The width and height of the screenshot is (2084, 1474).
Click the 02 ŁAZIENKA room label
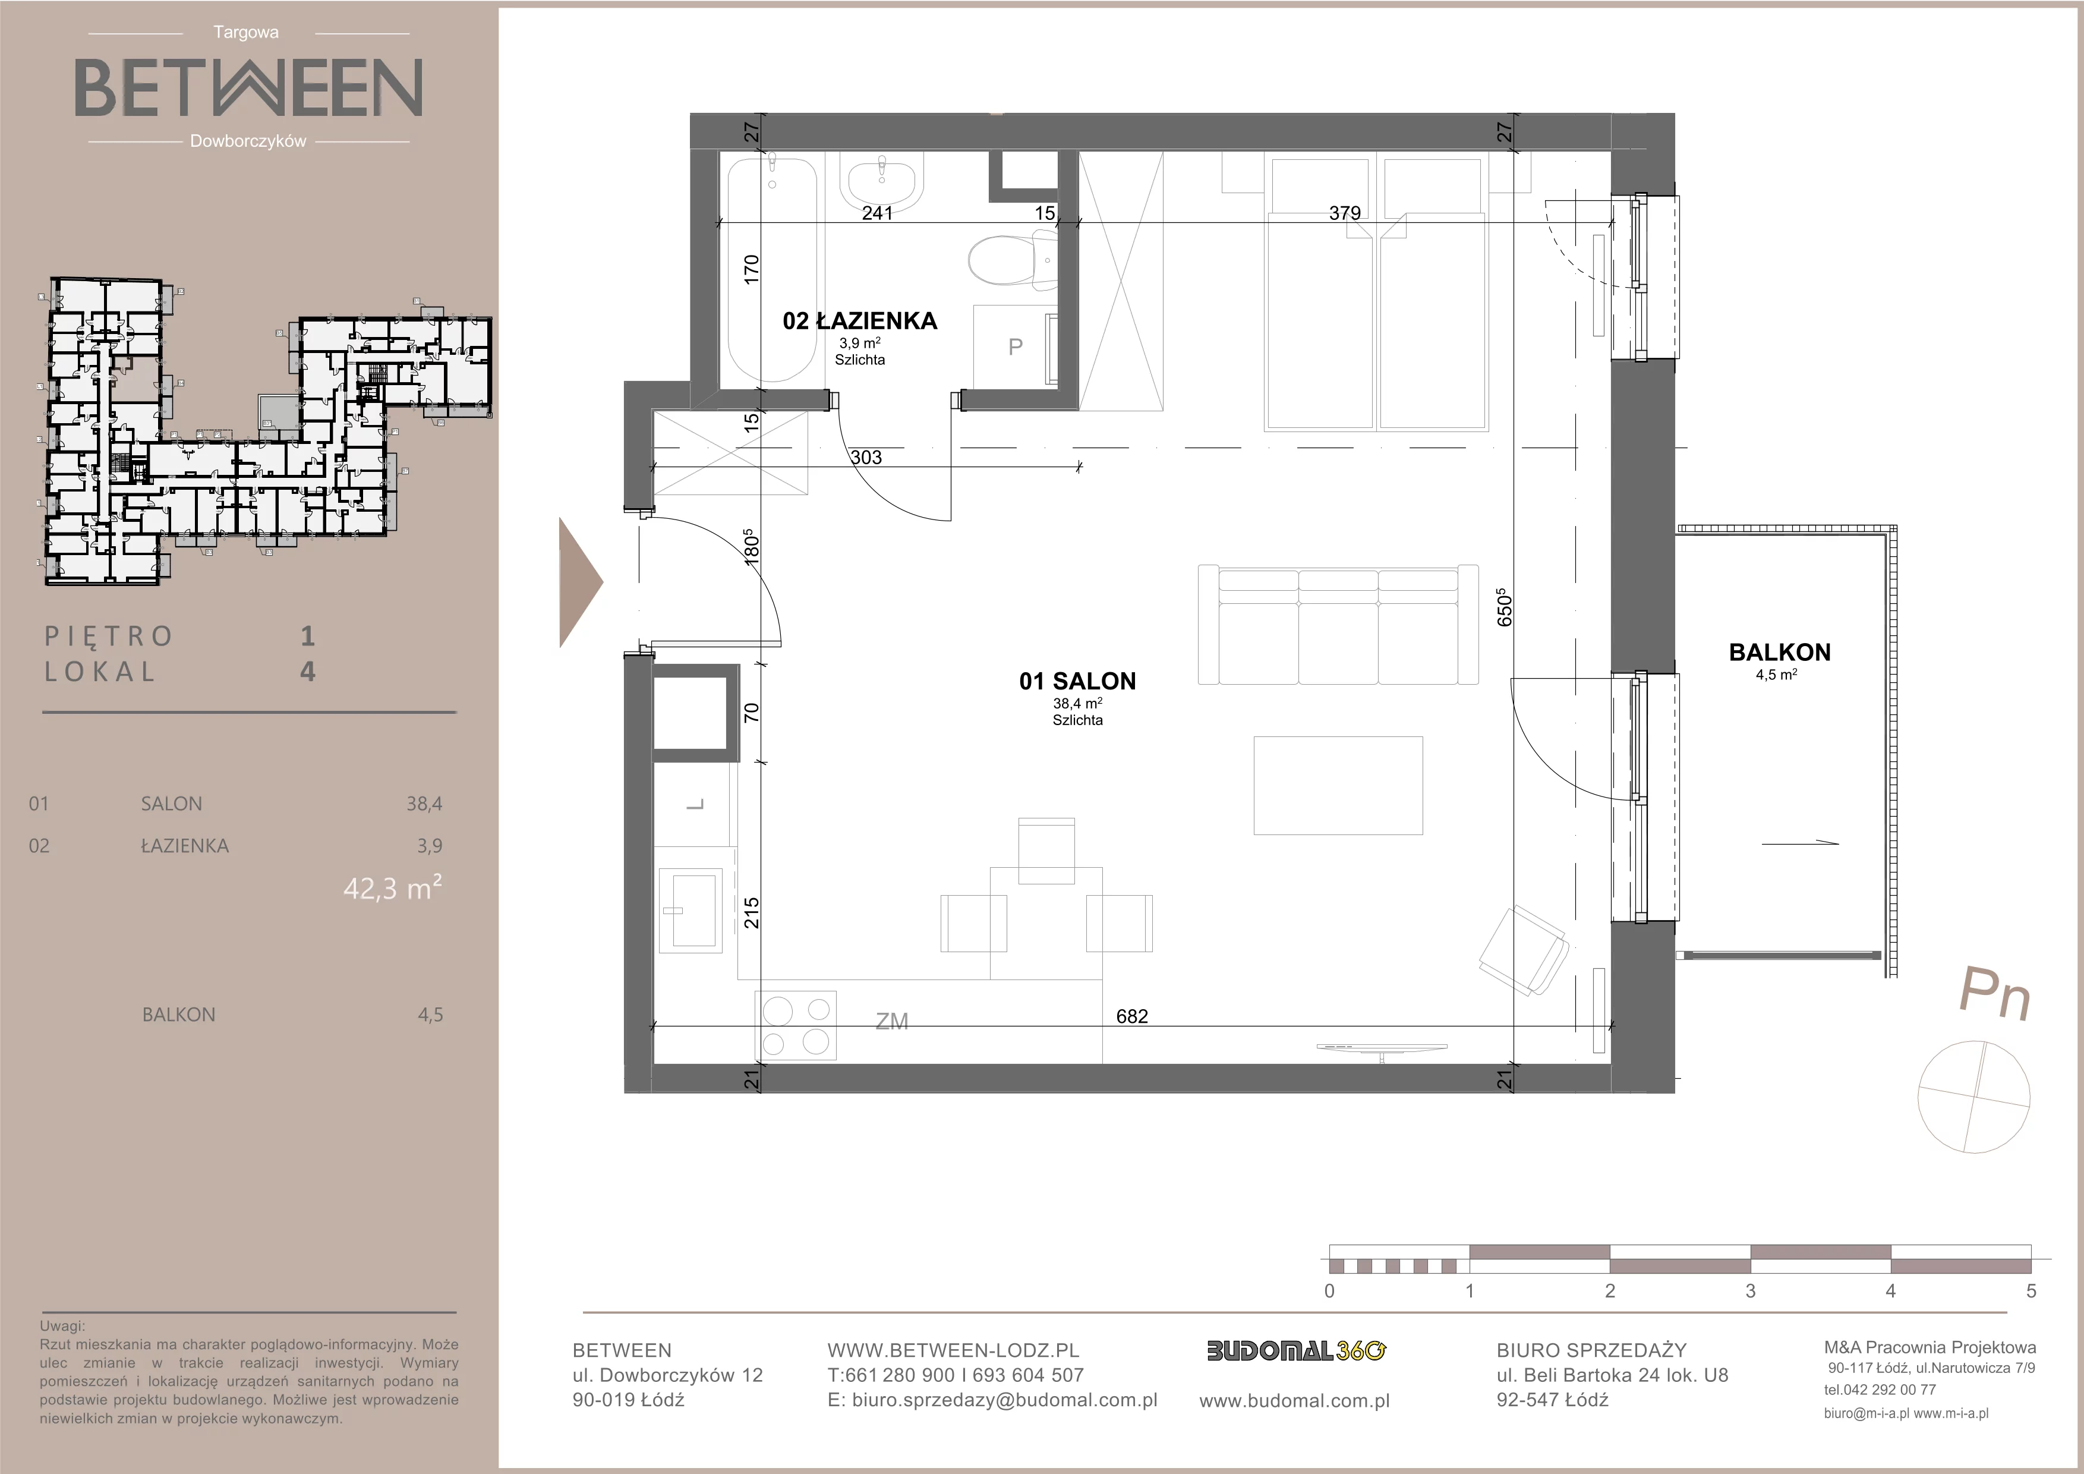tap(859, 320)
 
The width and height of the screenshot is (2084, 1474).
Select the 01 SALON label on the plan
tap(1077, 681)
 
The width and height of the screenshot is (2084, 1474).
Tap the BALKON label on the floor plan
tap(1780, 651)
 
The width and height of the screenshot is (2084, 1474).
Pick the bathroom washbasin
tap(881, 185)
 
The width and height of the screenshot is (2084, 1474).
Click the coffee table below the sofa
tap(1338, 785)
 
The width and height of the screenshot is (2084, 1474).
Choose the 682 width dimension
tap(1132, 1016)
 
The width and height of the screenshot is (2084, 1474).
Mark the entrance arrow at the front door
tap(580, 582)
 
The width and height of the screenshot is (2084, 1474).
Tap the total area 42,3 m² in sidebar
tap(392, 887)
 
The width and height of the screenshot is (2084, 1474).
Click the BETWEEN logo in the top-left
tap(248, 87)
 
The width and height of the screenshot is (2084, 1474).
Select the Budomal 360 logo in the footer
tap(1295, 1352)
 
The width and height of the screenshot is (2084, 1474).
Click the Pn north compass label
tap(1994, 994)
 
